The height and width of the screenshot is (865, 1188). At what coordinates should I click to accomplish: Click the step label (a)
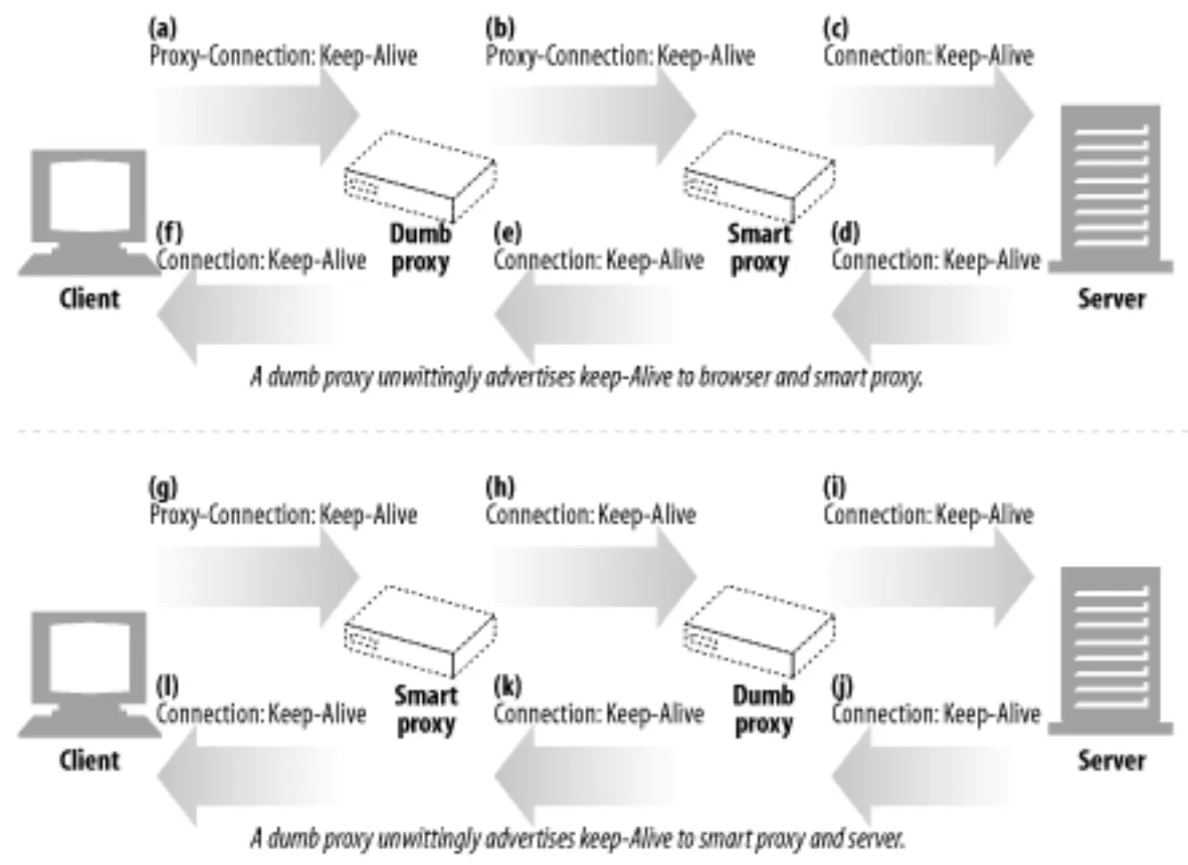pos(162,28)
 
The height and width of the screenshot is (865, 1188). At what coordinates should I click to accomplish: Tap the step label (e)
pos(508,233)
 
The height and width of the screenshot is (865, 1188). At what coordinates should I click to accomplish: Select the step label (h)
pos(500,488)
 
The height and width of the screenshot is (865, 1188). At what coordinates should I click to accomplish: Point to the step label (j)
pos(842,687)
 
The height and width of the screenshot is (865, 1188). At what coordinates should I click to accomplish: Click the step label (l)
pos(167,687)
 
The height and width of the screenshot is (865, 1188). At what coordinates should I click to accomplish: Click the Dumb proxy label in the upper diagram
pos(420,248)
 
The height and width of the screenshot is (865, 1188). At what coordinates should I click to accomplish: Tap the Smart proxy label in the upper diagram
pos(759,248)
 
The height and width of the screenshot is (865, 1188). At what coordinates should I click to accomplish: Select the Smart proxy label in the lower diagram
pos(426,709)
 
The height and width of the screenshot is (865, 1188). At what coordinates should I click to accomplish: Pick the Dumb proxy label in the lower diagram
pos(763,709)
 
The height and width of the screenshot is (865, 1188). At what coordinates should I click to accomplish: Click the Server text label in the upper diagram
pos(1111,298)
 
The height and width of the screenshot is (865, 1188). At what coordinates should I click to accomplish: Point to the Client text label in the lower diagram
pos(89,760)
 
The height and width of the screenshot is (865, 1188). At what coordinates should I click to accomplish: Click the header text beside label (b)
pos(620,56)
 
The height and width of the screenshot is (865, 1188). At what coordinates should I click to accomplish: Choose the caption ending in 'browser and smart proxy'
pos(586,377)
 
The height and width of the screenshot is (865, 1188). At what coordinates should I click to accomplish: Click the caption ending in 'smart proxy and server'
pos(577,838)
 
